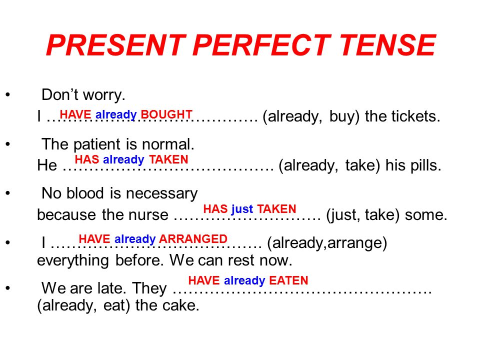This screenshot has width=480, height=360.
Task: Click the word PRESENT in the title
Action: pos(116,45)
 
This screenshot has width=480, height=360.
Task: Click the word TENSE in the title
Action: pos(387,45)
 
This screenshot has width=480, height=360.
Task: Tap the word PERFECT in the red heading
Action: pos(262,45)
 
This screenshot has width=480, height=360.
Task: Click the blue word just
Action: pos(242,209)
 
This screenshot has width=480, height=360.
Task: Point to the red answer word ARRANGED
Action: pos(193,239)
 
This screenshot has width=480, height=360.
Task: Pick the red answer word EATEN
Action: pos(288,280)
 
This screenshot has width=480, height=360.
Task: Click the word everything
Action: pos(73,261)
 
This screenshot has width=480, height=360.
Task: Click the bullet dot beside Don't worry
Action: pos(8,94)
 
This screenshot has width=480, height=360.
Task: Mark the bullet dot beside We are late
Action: pos(8,288)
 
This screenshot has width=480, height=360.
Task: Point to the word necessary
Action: pos(161,194)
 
